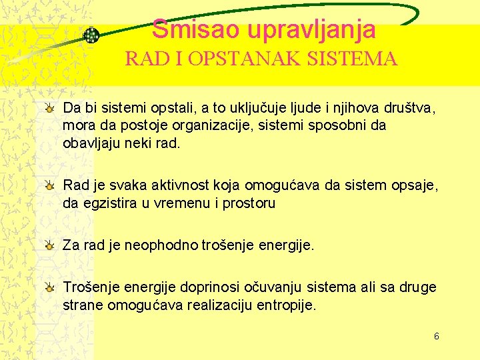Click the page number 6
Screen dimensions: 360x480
[436, 337]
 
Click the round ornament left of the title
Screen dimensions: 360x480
[91, 35]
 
